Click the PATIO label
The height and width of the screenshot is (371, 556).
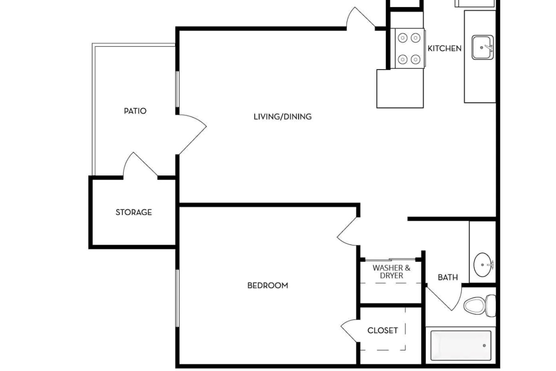pyautogui.click(x=135, y=111)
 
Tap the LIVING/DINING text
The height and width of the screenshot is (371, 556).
pyautogui.click(x=282, y=116)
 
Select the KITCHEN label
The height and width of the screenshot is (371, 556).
pyautogui.click(x=444, y=48)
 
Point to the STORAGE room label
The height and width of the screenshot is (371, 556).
pyautogui.click(x=133, y=212)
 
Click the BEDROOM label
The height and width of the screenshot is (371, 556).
pyautogui.click(x=267, y=285)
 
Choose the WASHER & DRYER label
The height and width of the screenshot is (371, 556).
pyautogui.click(x=392, y=271)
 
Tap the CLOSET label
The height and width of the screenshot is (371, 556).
pyautogui.click(x=382, y=330)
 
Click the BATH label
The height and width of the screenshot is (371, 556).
pyautogui.click(x=448, y=277)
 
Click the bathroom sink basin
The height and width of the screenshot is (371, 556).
pyautogui.click(x=483, y=264)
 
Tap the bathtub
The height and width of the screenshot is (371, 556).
pyautogui.click(x=461, y=345)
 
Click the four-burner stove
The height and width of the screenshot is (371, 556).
pyautogui.click(x=409, y=48)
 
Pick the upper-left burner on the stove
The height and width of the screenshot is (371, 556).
pyautogui.click(x=402, y=38)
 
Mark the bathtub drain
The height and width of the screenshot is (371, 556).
pyautogui.click(x=484, y=345)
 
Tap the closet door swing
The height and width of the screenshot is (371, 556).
pyautogui.click(x=350, y=330)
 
